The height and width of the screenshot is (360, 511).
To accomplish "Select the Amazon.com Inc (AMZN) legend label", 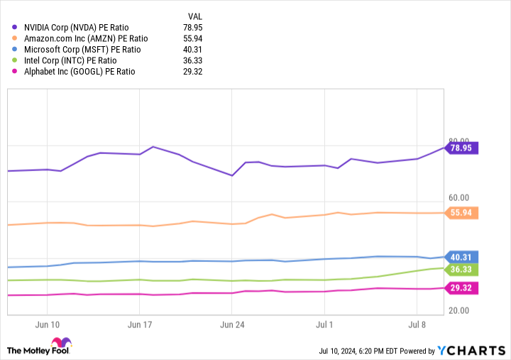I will (86, 38).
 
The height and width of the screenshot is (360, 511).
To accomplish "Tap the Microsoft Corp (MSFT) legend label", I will (82, 49).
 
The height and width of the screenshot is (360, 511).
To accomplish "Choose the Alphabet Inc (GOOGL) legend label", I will (79, 72).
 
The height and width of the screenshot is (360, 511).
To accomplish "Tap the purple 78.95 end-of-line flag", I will (462, 148).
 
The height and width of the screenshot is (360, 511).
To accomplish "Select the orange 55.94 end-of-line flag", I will (462, 212).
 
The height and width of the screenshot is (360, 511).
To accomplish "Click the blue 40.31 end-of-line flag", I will (462, 256).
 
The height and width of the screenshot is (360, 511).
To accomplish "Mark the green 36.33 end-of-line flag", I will (462, 269).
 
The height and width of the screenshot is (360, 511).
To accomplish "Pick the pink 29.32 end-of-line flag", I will (462, 288).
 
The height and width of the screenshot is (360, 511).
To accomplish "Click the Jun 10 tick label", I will (46, 324).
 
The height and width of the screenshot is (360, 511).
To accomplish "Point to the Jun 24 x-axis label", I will (232, 324).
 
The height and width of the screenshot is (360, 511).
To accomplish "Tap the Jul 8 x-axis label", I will (417, 324).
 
